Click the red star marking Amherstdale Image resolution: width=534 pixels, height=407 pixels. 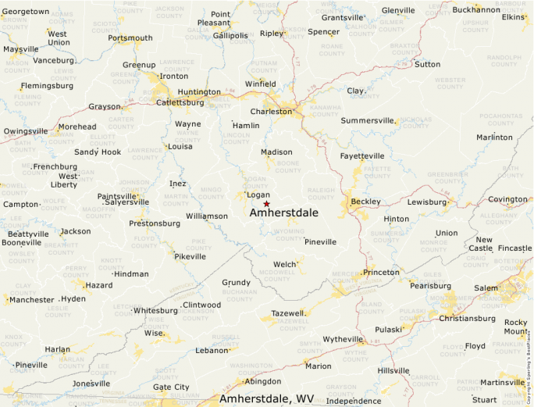(x=266, y=203)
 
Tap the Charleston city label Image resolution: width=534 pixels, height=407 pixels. (x=271, y=111)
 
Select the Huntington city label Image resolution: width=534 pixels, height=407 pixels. (x=199, y=91)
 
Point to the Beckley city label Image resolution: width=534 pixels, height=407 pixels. (x=365, y=202)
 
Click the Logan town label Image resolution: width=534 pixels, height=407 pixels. (x=258, y=195)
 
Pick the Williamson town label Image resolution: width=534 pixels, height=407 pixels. (x=207, y=216)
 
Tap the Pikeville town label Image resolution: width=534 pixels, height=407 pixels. (x=190, y=256)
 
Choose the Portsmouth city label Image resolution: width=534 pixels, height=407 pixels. (x=130, y=37)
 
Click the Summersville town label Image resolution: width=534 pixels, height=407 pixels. (x=368, y=120)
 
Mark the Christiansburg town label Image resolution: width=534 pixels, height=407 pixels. (x=468, y=318)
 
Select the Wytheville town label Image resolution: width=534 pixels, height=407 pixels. (x=344, y=339)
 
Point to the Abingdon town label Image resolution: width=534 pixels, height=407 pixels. (x=262, y=381)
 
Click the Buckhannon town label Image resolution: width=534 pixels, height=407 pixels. (x=476, y=9)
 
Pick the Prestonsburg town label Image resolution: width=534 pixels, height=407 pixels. (x=155, y=223)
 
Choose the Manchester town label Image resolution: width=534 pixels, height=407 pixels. (x=32, y=299)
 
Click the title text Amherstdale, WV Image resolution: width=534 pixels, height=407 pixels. (x=266, y=398)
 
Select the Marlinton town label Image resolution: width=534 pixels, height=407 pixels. (x=495, y=137)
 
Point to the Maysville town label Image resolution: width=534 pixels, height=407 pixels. (x=21, y=48)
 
